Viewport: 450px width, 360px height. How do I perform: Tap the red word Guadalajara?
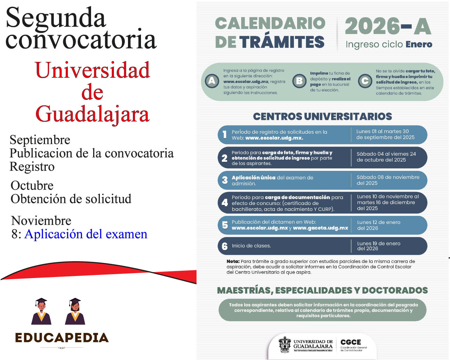click(92, 114)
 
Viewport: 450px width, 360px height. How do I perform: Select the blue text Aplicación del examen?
click(86, 234)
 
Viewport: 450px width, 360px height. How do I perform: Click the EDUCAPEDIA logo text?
click(62, 338)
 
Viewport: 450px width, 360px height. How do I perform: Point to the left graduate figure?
click(41, 311)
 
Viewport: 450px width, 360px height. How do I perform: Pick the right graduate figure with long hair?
click(75, 311)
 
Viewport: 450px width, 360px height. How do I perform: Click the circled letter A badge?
click(212, 81)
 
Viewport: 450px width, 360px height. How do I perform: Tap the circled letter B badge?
click(299, 81)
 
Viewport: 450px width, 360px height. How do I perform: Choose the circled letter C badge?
click(365, 81)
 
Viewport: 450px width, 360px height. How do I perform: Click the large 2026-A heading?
click(388, 26)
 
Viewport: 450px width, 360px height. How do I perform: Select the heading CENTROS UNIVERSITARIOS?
click(322, 116)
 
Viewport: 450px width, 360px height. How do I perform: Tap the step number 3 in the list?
click(225, 180)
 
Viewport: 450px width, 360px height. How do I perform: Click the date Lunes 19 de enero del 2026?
click(379, 246)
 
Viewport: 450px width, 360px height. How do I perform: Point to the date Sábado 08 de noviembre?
click(388, 178)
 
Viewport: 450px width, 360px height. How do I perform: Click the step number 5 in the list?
click(225, 225)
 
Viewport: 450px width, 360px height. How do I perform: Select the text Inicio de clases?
click(251, 246)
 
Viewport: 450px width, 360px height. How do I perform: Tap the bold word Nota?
click(233, 262)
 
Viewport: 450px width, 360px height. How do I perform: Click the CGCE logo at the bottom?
click(353, 345)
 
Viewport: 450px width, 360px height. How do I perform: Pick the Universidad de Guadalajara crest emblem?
click(285, 345)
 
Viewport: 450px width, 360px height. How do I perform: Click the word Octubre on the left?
click(32, 186)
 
